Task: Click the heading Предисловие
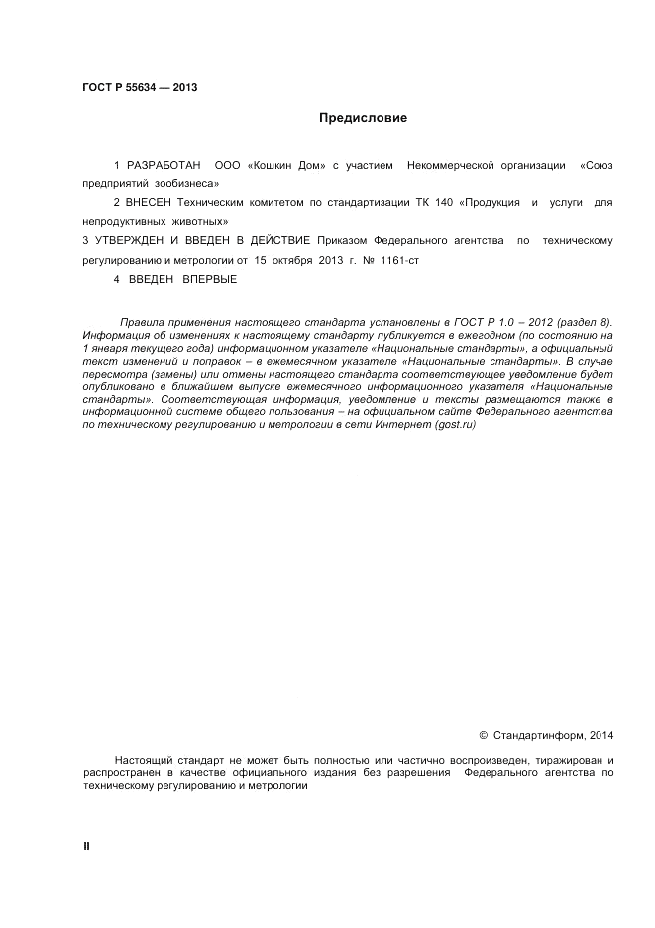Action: [363, 118]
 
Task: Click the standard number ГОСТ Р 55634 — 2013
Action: [140, 87]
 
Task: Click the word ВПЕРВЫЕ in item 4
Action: [210, 279]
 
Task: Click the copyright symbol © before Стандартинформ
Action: [483, 735]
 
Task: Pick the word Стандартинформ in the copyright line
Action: [539, 735]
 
